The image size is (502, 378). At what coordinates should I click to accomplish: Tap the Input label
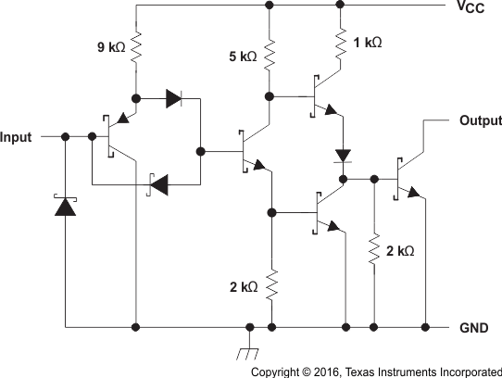click(16, 137)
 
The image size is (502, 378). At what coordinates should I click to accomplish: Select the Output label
click(479, 120)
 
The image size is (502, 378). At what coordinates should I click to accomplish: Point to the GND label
click(473, 328)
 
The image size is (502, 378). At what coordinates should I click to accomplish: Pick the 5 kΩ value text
click(243, 57)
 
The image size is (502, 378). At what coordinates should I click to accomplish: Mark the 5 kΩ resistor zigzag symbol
click(270, 55)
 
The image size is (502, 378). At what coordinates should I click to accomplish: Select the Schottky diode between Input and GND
click(65, 206)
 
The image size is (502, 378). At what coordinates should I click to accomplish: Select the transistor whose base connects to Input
click(116, 137)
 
